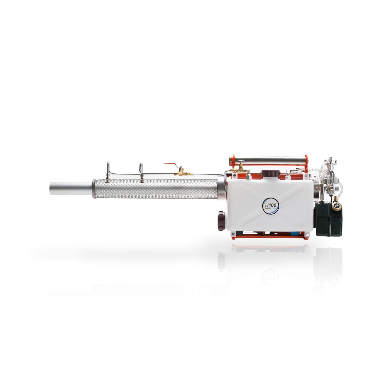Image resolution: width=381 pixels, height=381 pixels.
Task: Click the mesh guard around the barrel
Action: (x=155, y=188)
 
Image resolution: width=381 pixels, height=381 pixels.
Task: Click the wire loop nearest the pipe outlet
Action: (x=108, y=171)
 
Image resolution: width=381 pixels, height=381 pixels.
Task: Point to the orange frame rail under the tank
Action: (x=269, y=236)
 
